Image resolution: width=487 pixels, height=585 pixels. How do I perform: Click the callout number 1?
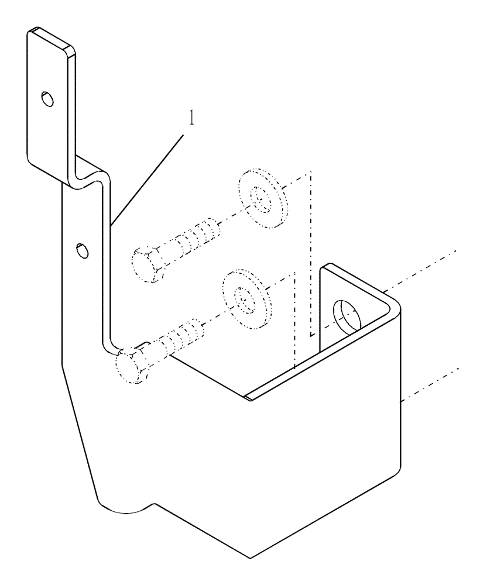(x=191, y=118)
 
